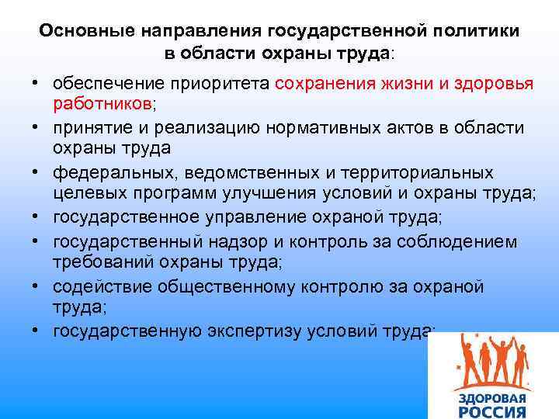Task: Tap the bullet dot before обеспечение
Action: (x=36, y=83)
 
